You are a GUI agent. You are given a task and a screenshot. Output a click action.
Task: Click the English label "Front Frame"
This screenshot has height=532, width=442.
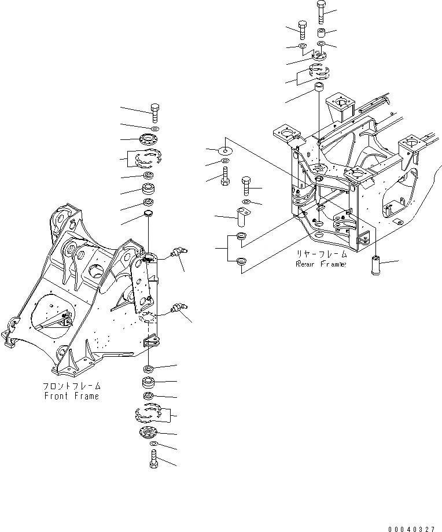72,396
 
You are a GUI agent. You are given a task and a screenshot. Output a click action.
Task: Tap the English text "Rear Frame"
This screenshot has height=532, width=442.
321,264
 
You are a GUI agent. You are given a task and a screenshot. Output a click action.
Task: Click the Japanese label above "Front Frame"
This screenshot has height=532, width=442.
72,386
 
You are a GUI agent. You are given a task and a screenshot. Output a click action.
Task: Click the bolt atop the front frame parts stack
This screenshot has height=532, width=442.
154,112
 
